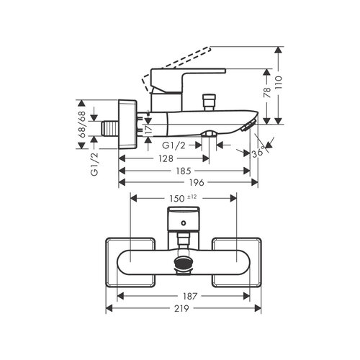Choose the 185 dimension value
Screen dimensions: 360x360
tap(185, 173)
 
